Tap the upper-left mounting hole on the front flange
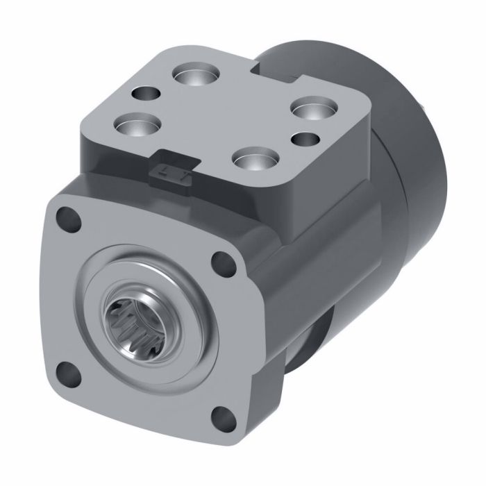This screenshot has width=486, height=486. pos(67,217)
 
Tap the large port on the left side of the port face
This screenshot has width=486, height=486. pos(136,126)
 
